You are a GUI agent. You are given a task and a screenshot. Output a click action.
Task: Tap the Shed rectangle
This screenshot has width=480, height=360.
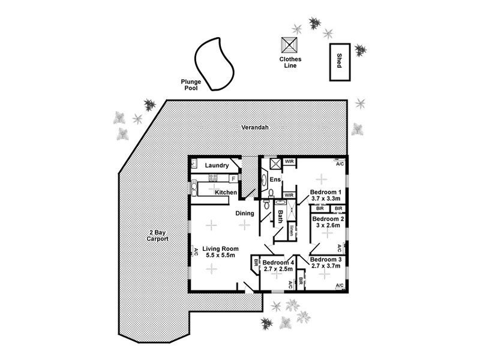pyautogui.click(x=339, y=61)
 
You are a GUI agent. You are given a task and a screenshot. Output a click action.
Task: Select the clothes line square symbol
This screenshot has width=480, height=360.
pyautogui.click(x=290, y=46)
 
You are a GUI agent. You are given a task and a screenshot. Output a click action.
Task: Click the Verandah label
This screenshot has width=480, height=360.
pyautogui.click(x=254, y=128)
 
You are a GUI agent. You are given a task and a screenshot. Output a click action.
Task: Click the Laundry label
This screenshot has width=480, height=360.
pyautogui.click(x=217, y=166)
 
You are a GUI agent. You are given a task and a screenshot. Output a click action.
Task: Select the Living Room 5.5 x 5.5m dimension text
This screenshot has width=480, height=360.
pyautogui.click(x=220, y=256)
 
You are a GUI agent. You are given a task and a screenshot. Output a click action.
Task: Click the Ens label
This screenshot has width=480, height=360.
pyautogui.click(x=275, y=179)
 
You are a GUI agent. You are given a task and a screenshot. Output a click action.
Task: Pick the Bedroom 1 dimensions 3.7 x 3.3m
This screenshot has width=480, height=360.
pyautogui.click(x=325, y=199)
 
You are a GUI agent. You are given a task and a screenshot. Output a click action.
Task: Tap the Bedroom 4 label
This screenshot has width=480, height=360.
pyautogui.click(x=278, y=262)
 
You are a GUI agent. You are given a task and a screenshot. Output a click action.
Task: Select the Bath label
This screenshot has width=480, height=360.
pyautogui.click(x=280, y=215)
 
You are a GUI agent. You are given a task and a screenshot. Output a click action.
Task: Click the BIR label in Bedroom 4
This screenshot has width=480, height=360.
pyautogui.click(x=256, y=262)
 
